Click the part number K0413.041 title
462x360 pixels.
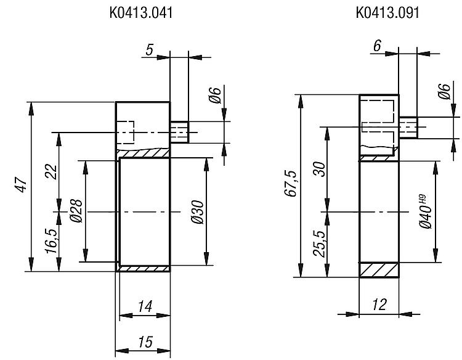pyautogui.click(x=141, y=13)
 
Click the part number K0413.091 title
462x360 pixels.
pyautogui.click(x=387, y=13)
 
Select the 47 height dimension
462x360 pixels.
pyautogui.click(x=22, y=184)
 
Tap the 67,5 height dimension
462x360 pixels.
pyautogui.click(x=292, y=184)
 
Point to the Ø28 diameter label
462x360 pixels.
pyautogui.click(x=76, y=211)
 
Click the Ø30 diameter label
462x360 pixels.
pyautogui.click(x=197, y=212)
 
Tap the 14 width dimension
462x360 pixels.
pyautogui.click(x=145, y=306)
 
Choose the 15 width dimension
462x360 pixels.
pyautogui.click(x=145, y=342)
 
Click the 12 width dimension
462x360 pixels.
pyautogui.click(x=379, y=305)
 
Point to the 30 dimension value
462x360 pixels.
pyautogui.click(x=319, y=169)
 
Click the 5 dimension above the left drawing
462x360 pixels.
pyautogui.click(x=150, y=49)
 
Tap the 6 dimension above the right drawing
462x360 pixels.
pyautogui.click(x=377, y=46)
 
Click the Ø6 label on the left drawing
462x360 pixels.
pyautogui.click(x=216, y=95)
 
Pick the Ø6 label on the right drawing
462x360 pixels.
pyautogui.click(x=444, y=91)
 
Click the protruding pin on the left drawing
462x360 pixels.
pyautogui.click(x=179, y=132)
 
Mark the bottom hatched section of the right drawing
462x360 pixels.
pyautogui.click(x=379, y=270)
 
